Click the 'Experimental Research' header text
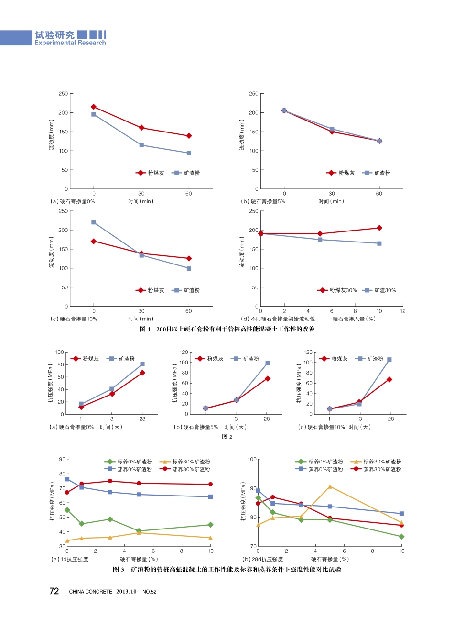pos(70,43)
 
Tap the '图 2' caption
pos(227,437)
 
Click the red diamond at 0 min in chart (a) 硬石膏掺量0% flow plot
pos(94,107)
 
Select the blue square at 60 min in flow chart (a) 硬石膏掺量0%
pos(189,153)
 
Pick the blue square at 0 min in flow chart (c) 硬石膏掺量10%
pos(94,222)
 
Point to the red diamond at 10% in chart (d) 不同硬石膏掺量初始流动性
pos(379,228)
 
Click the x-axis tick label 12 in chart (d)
pos(402,311)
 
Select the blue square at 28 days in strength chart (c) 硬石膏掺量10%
pos(389,360)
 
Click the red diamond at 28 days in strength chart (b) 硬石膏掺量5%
pos(267,378)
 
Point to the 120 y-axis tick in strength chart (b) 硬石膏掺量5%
pos(184,352)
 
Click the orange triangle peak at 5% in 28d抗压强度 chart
pos(330,486)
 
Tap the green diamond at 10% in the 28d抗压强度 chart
pos(401,537)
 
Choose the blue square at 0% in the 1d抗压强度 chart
pos(67,479)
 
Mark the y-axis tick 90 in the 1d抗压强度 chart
pos(62,459)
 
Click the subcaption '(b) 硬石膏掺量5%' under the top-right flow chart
pos(263,201)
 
